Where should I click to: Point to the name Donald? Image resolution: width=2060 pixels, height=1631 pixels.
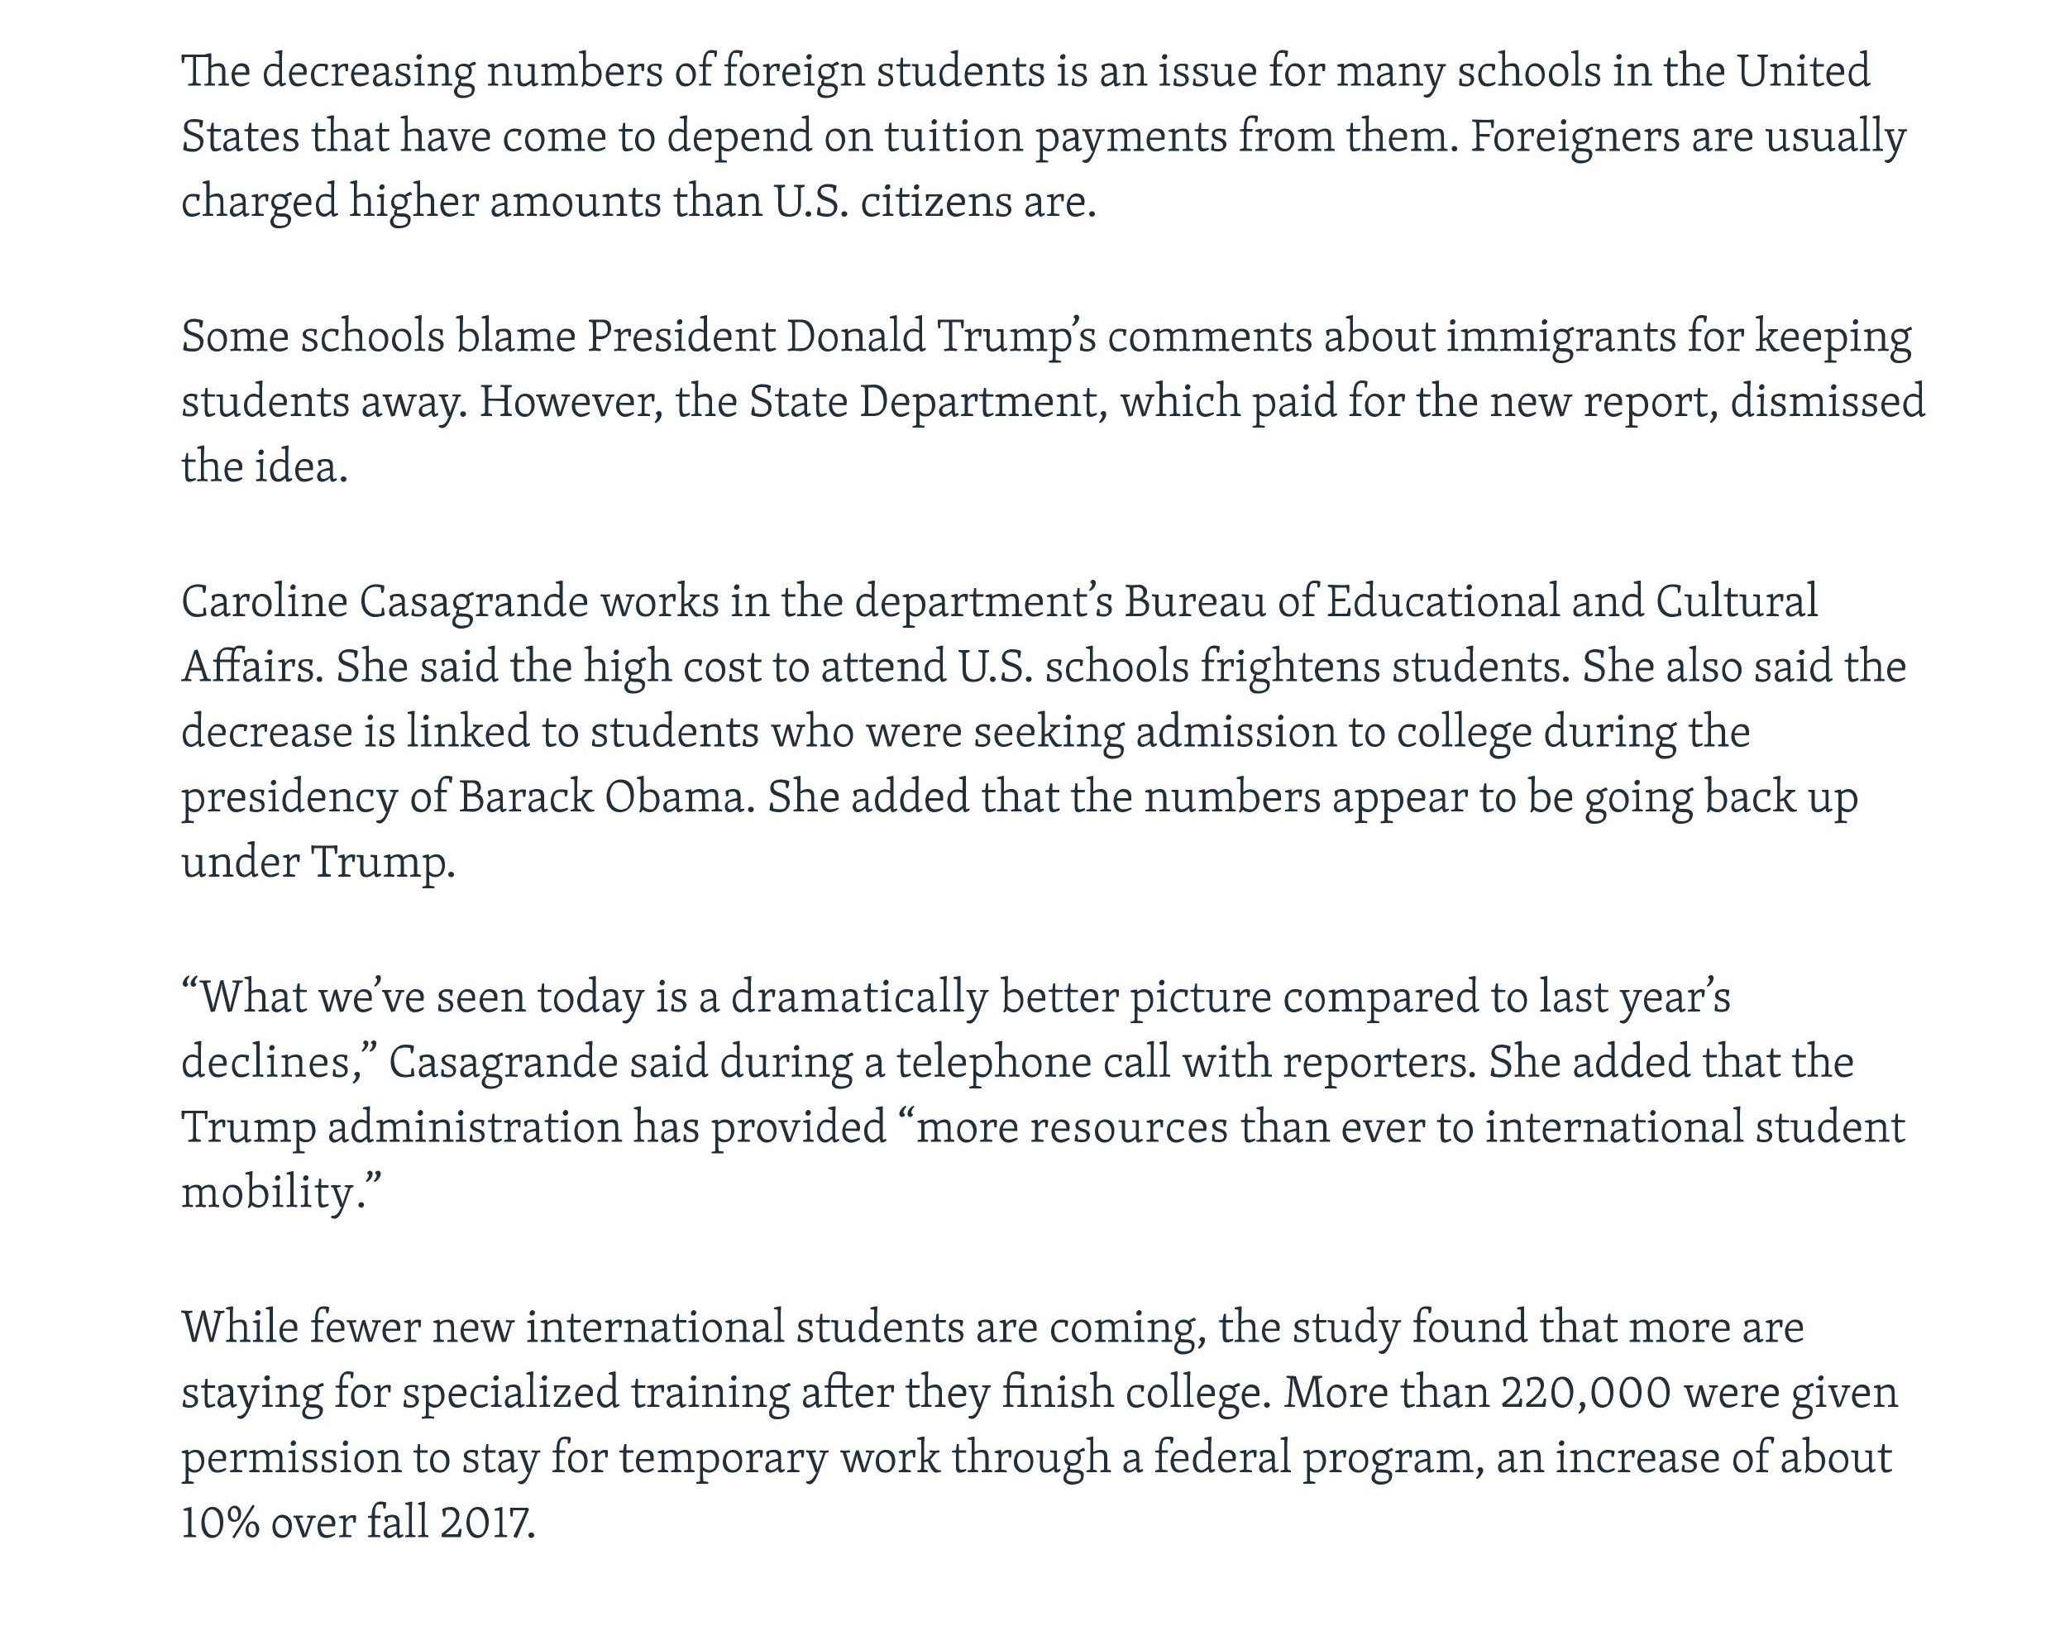click(855, 336)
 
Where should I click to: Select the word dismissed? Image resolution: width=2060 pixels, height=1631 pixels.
click(1827, 401)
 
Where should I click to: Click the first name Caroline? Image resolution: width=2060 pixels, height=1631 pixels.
click(265, 601)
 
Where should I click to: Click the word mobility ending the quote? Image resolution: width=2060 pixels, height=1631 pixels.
click(272, 1192)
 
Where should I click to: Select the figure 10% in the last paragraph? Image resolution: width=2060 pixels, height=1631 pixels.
click(221, 1522)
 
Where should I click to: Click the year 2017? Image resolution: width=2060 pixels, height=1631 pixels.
click(487, 1522)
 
